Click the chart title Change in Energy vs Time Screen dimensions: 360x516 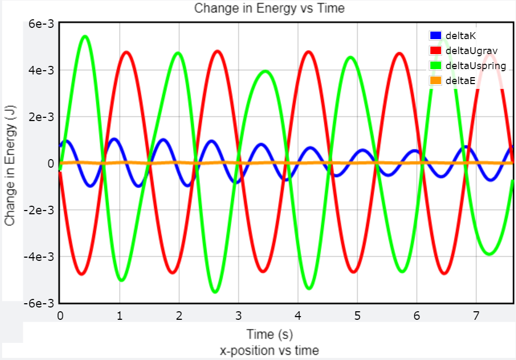(x=269, y=8)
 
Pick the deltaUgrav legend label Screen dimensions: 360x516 (x=471, y=50)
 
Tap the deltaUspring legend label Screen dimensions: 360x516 (x=475, y=65)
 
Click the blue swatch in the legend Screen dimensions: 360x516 (x=435, y=36)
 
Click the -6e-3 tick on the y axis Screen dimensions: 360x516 (x=40, y=303)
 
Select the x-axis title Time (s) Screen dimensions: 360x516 (x=269, y=335)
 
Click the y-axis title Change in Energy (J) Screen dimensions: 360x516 (x=10, y=163)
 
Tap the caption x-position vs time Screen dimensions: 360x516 (x=269, y=351)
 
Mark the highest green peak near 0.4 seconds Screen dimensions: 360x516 (x=85, y=36)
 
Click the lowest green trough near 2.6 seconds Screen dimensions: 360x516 (x=215, y=291)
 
